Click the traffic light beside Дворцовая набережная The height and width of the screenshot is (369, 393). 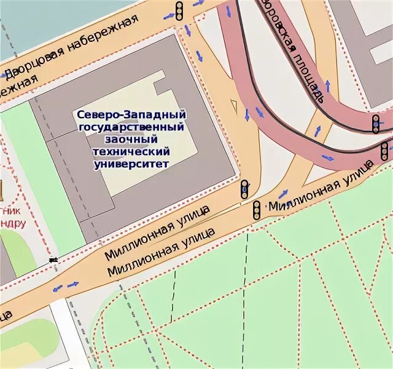point(179,11)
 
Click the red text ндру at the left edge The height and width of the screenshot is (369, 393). point(12,223)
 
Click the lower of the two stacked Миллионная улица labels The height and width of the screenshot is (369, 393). point(161,253)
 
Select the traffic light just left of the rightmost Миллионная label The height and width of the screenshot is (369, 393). point(257,210)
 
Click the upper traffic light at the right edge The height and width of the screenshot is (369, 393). point(375,124)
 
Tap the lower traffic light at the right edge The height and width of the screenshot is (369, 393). point(384,150)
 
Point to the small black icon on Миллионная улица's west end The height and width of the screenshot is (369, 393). point(54,260)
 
